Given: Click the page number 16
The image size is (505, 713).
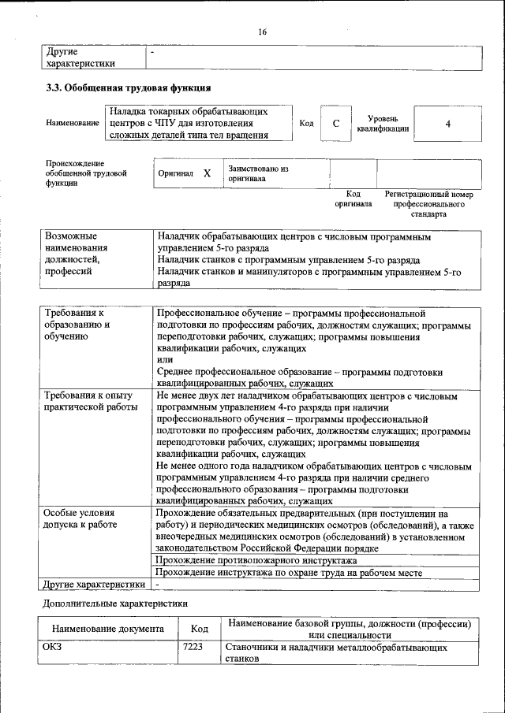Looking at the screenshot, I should [263, 32].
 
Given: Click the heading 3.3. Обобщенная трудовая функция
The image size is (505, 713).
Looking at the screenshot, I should [128, 87].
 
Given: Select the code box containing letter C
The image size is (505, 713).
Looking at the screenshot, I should [336, 124].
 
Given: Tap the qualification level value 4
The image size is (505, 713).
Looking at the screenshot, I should [447, 124].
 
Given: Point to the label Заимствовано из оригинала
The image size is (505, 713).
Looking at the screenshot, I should [258, 173].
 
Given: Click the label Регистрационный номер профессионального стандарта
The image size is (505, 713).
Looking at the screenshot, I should [428, 203].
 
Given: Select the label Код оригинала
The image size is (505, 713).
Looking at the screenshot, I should [353, 199].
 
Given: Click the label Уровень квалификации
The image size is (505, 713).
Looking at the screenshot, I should [383, 123].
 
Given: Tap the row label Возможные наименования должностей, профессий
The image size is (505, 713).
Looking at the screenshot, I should [76, 254].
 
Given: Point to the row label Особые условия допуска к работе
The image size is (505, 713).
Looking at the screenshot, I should [80, 518].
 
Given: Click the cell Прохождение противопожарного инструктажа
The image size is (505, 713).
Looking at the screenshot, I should [256, 560].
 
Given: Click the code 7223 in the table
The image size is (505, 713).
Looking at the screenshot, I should [193, 647].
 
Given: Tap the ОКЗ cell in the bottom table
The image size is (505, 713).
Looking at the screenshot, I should [54, 647].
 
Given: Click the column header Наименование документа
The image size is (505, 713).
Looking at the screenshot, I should [108, 629].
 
